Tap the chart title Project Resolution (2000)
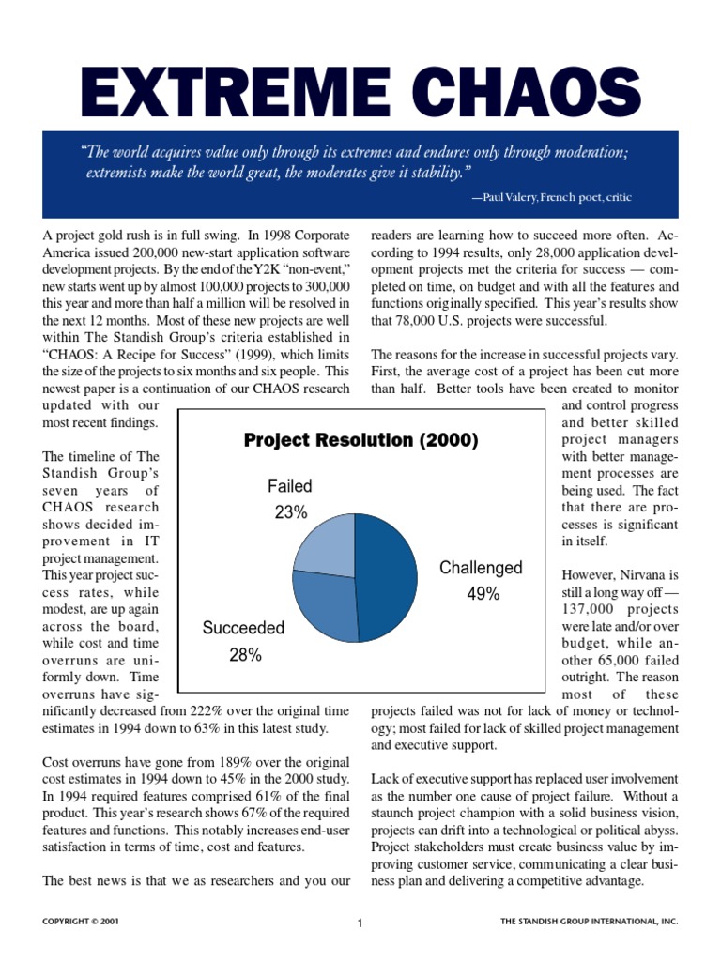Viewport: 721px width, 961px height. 361,440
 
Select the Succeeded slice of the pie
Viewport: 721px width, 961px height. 324,605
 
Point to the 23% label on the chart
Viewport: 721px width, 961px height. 290,512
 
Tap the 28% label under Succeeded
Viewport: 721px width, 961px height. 245,655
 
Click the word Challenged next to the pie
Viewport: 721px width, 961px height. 482,568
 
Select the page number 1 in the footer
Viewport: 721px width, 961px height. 360,923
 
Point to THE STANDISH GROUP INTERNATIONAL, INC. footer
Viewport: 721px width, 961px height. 590,923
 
